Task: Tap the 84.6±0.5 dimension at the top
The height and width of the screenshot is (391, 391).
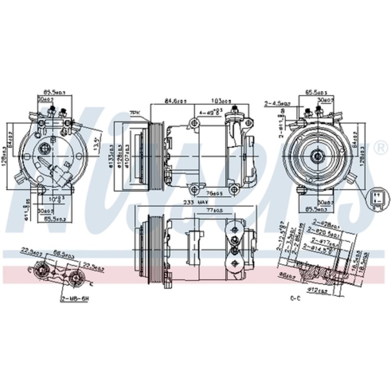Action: (x=176, y=101)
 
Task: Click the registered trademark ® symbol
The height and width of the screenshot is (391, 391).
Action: (x=379, y=147)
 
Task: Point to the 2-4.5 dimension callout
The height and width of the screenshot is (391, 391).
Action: (x=277, y=104)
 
